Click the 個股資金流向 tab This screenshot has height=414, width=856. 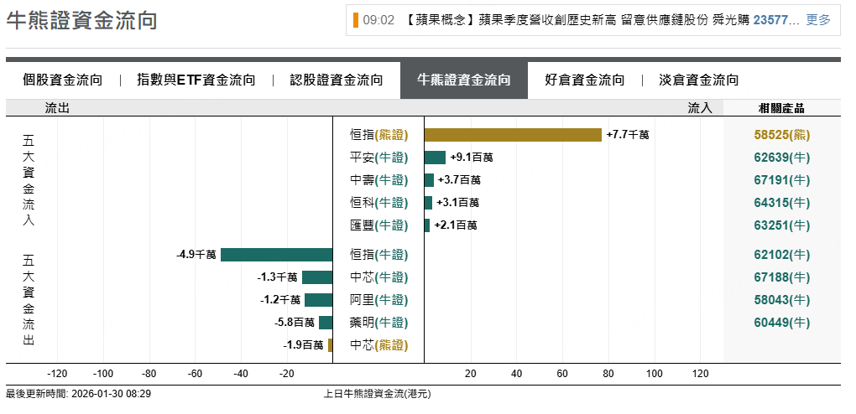click(x=63, y=80)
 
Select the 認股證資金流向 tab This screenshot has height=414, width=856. click(x=337, y=80)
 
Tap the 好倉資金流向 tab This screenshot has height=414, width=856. click(x=585, y=80)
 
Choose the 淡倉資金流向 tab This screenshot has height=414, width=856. click(x=699, y=80)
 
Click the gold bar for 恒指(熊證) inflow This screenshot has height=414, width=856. click(x=513, y=135)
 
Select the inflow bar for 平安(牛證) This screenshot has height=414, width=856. click(x=435, y=158)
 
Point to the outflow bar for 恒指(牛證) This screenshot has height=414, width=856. click(x=277, y=255)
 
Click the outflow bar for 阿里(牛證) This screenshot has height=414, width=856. click(x=319, y=300)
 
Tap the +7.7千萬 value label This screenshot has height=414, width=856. click(x=628, y=135)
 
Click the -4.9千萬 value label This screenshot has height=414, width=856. click(x=196, y=255)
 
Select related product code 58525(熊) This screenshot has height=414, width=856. click(x=782, y=135)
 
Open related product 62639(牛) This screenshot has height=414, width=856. click(x=782, y=158)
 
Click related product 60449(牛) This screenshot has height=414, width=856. click(x=782, y=323)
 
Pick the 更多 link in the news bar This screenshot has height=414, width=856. click(x=818, y=20)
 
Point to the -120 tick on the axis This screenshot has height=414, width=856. click(x=57, y=374)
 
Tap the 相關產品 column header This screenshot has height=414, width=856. click(x=781, y=108)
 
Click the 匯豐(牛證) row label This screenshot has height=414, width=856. click(x=378, y=225)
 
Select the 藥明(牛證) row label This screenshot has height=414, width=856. click(x=378, y=323)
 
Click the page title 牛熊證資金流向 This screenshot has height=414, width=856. click(x=81, y=21)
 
